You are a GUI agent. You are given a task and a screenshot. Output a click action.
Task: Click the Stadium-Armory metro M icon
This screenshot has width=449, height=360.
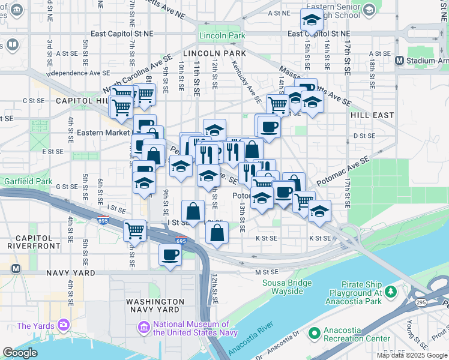(x=399, y=60)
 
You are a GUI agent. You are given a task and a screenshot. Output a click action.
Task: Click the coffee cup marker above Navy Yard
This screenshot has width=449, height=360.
(x=169, y=254)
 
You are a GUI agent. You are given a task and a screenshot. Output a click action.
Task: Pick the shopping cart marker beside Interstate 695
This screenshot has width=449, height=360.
(x=134, y=230)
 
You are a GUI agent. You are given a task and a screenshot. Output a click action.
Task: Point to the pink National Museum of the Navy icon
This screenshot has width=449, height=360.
(x=144, y=328)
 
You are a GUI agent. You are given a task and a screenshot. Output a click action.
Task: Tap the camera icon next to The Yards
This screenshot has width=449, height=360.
(x=63, y=325)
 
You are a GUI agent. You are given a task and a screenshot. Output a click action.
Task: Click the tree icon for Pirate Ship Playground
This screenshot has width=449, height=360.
(x=391, y=291)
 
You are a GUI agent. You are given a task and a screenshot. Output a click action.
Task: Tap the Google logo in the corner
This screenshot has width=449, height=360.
(x=20, y=352)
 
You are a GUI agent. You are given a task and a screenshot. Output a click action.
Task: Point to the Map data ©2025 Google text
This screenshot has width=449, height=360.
(x=412, y=355)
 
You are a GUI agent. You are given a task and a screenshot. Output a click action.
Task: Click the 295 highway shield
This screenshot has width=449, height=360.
(x=421, y=302)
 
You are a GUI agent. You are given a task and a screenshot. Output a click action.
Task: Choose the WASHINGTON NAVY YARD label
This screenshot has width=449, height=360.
(x=155, y=305)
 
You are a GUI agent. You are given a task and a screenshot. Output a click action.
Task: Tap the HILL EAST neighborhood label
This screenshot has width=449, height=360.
(x=372, y=115)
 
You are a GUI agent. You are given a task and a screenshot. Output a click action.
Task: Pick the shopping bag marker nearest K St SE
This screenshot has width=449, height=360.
(x=217, y=233)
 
